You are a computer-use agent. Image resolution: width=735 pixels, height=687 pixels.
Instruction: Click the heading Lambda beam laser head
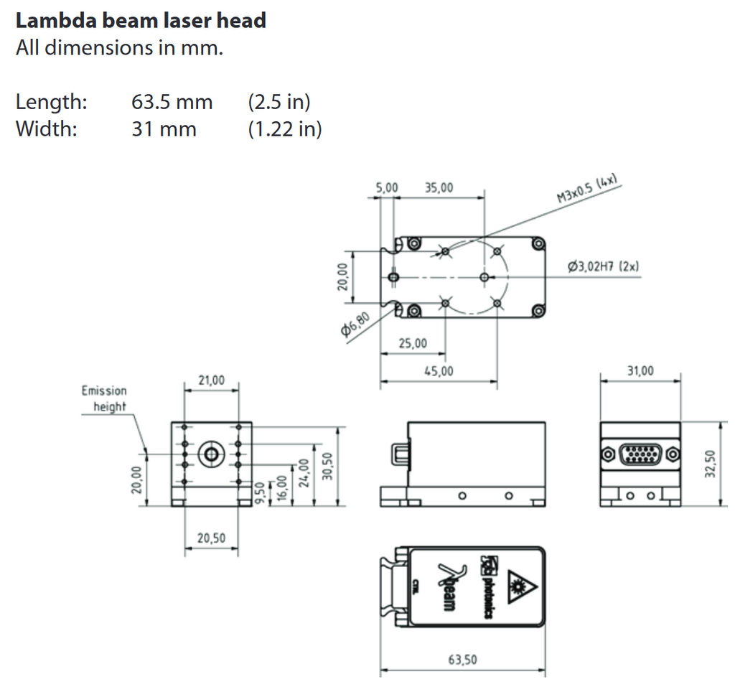click(x=141, y=20)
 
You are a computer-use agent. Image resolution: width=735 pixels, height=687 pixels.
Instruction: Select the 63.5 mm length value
click(x=172, y=102)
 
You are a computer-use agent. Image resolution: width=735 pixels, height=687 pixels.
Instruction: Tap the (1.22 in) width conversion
click(x=284, y=129)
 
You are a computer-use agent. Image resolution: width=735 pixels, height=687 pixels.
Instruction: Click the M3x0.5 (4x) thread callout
click(x=587, y=190)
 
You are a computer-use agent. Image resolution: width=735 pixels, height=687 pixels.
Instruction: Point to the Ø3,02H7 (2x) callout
click(x=603, y=266)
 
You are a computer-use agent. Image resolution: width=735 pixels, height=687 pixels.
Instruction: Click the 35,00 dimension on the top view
click(x=439, y=187)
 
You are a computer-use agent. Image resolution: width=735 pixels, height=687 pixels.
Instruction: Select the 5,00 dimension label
click(x=387, y=187)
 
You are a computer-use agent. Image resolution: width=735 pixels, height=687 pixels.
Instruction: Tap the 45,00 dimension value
click(x=439, y=371)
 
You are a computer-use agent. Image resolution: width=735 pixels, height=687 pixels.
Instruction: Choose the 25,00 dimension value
click(x=412, y=344)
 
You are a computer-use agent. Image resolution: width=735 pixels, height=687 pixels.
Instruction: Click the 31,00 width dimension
click(x=640, y=370)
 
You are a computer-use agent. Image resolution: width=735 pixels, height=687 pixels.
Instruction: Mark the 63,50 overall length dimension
click(x=462, y=660)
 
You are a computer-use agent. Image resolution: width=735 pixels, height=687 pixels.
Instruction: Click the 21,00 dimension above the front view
click(x=211, y=379)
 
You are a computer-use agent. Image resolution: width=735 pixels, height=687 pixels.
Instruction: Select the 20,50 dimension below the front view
click(x=211, y=538)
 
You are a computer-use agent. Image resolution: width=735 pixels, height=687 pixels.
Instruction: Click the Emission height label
click(x=105, y=398)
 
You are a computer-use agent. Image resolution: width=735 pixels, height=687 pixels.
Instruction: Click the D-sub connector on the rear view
click(x=640, y=454)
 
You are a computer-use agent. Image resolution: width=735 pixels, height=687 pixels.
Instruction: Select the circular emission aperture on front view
click(x=211, y=454)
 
